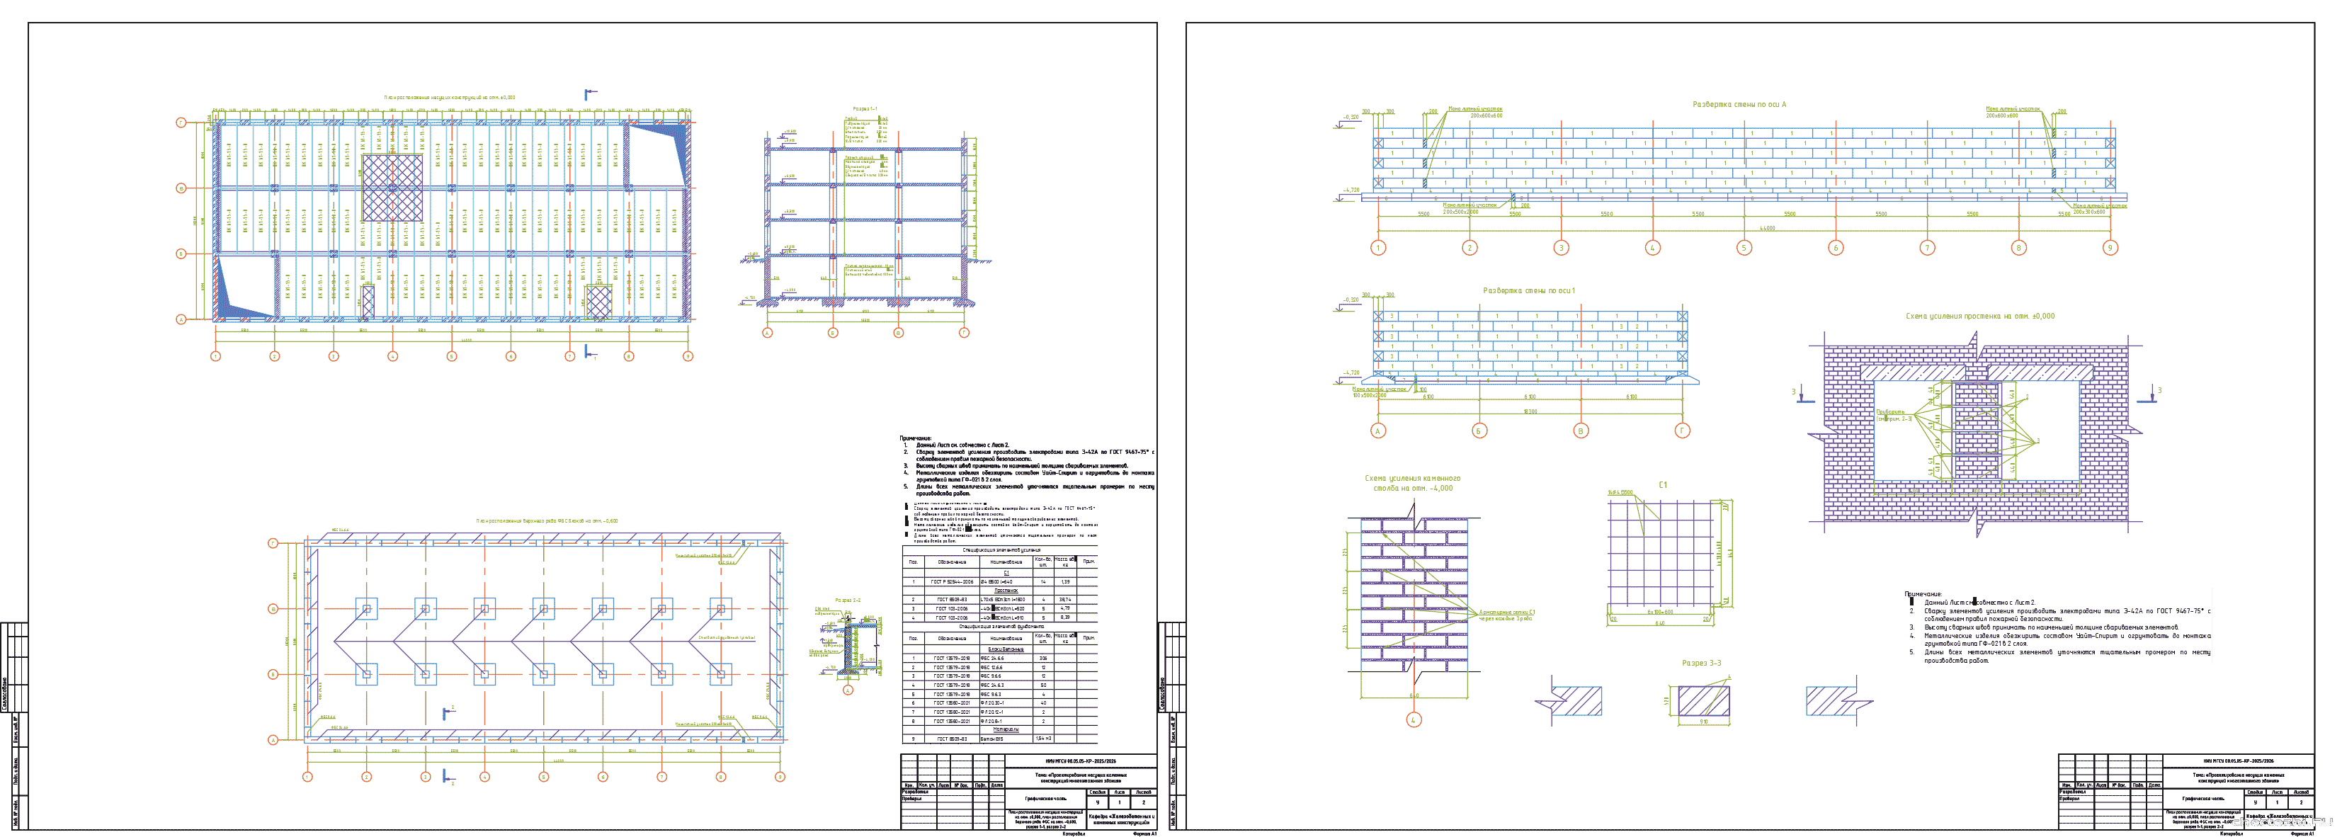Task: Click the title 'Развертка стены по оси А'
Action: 1739,105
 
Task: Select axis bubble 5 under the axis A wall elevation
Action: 1744,248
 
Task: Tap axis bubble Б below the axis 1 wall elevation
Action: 1479,431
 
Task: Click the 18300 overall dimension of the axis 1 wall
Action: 1530,411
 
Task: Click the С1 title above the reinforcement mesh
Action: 1662,484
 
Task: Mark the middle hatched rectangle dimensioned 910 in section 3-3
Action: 1703,702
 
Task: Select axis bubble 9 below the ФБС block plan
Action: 779,777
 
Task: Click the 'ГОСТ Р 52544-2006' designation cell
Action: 951,581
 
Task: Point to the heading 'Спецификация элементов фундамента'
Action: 1001,626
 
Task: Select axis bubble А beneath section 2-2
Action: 848,690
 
